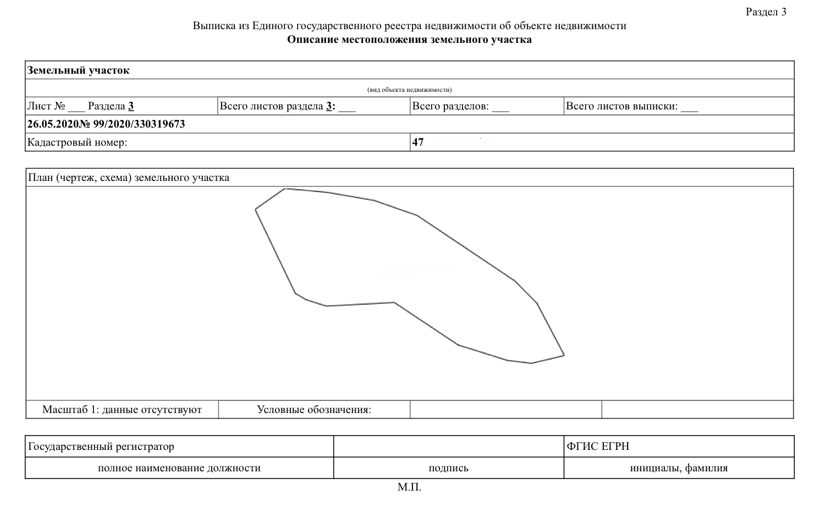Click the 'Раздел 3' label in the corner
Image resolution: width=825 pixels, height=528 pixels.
(766, 12)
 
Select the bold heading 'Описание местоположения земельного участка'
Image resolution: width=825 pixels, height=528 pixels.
(409, 40)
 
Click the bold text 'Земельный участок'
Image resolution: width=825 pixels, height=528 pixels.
(79, 70)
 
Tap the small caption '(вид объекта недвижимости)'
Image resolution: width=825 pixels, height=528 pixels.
(409, 90)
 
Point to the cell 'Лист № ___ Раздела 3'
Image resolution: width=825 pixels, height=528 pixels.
(81, 106)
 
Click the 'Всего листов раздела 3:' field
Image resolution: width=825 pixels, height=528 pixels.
(287, 106)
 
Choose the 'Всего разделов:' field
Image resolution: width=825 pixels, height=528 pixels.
(460, 106)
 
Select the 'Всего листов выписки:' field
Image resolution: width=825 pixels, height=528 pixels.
(631, 106)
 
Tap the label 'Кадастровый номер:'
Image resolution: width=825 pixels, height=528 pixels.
(78, 142)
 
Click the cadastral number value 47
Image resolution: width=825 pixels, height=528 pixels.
(418, 142)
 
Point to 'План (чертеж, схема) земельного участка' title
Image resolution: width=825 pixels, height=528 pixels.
(129, 178)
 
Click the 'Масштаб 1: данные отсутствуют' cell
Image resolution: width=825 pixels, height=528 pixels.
(122, 410)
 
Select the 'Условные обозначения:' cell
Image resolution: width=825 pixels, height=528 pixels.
(314, 410)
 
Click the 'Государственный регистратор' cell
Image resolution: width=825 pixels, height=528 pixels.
(101, 447)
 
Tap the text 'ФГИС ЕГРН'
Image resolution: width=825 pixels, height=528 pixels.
(598, 447)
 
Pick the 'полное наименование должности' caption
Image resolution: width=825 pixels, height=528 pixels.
(179, 468)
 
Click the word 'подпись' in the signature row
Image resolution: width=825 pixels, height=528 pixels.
(448, 468)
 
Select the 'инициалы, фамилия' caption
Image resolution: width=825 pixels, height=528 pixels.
(679, 468)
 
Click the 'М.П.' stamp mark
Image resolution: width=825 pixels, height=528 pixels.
(409, 487)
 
